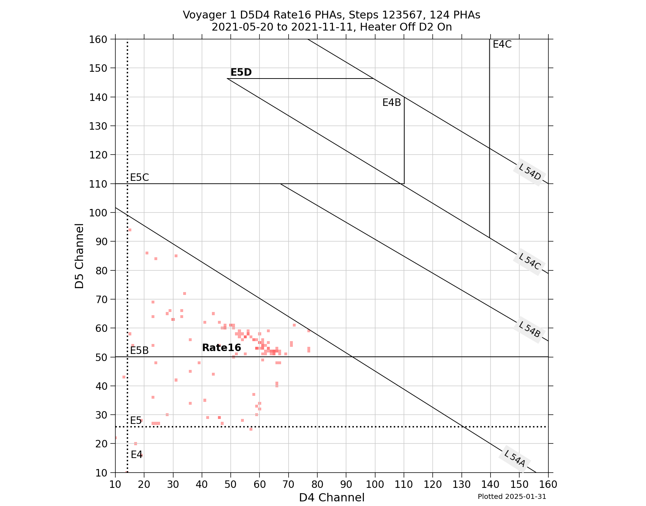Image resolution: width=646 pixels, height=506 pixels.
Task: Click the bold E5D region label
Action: tap(241, 72)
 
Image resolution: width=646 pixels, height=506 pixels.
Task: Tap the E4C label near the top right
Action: tap(502, 44)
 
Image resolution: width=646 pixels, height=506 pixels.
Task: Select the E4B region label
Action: tap(392, 103)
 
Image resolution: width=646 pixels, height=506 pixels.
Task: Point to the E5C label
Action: tap(139, 177)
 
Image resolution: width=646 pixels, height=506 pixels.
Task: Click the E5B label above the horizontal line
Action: tap(139, 350)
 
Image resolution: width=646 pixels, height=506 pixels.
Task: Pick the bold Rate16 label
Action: tap(221, 348)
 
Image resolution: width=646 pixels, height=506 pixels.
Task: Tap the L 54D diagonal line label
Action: tap(529, 173)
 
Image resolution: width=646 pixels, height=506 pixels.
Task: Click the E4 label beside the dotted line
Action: tap(136, 454)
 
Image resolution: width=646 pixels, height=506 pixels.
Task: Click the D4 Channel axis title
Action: tap(332, 497)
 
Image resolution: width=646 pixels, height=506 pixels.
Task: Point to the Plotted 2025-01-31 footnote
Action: tap(511, 496)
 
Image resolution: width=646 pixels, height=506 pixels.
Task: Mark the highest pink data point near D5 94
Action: tap(130, 230)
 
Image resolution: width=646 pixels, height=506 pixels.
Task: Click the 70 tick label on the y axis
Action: tap(100, 299)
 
